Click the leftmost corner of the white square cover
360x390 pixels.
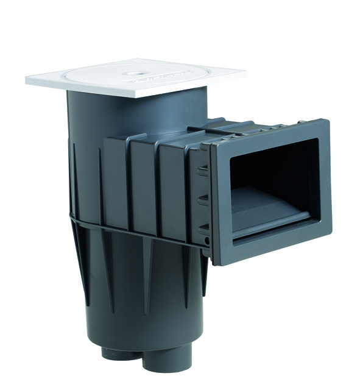(27, 79)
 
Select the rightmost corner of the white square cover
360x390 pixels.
(245, 75)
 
